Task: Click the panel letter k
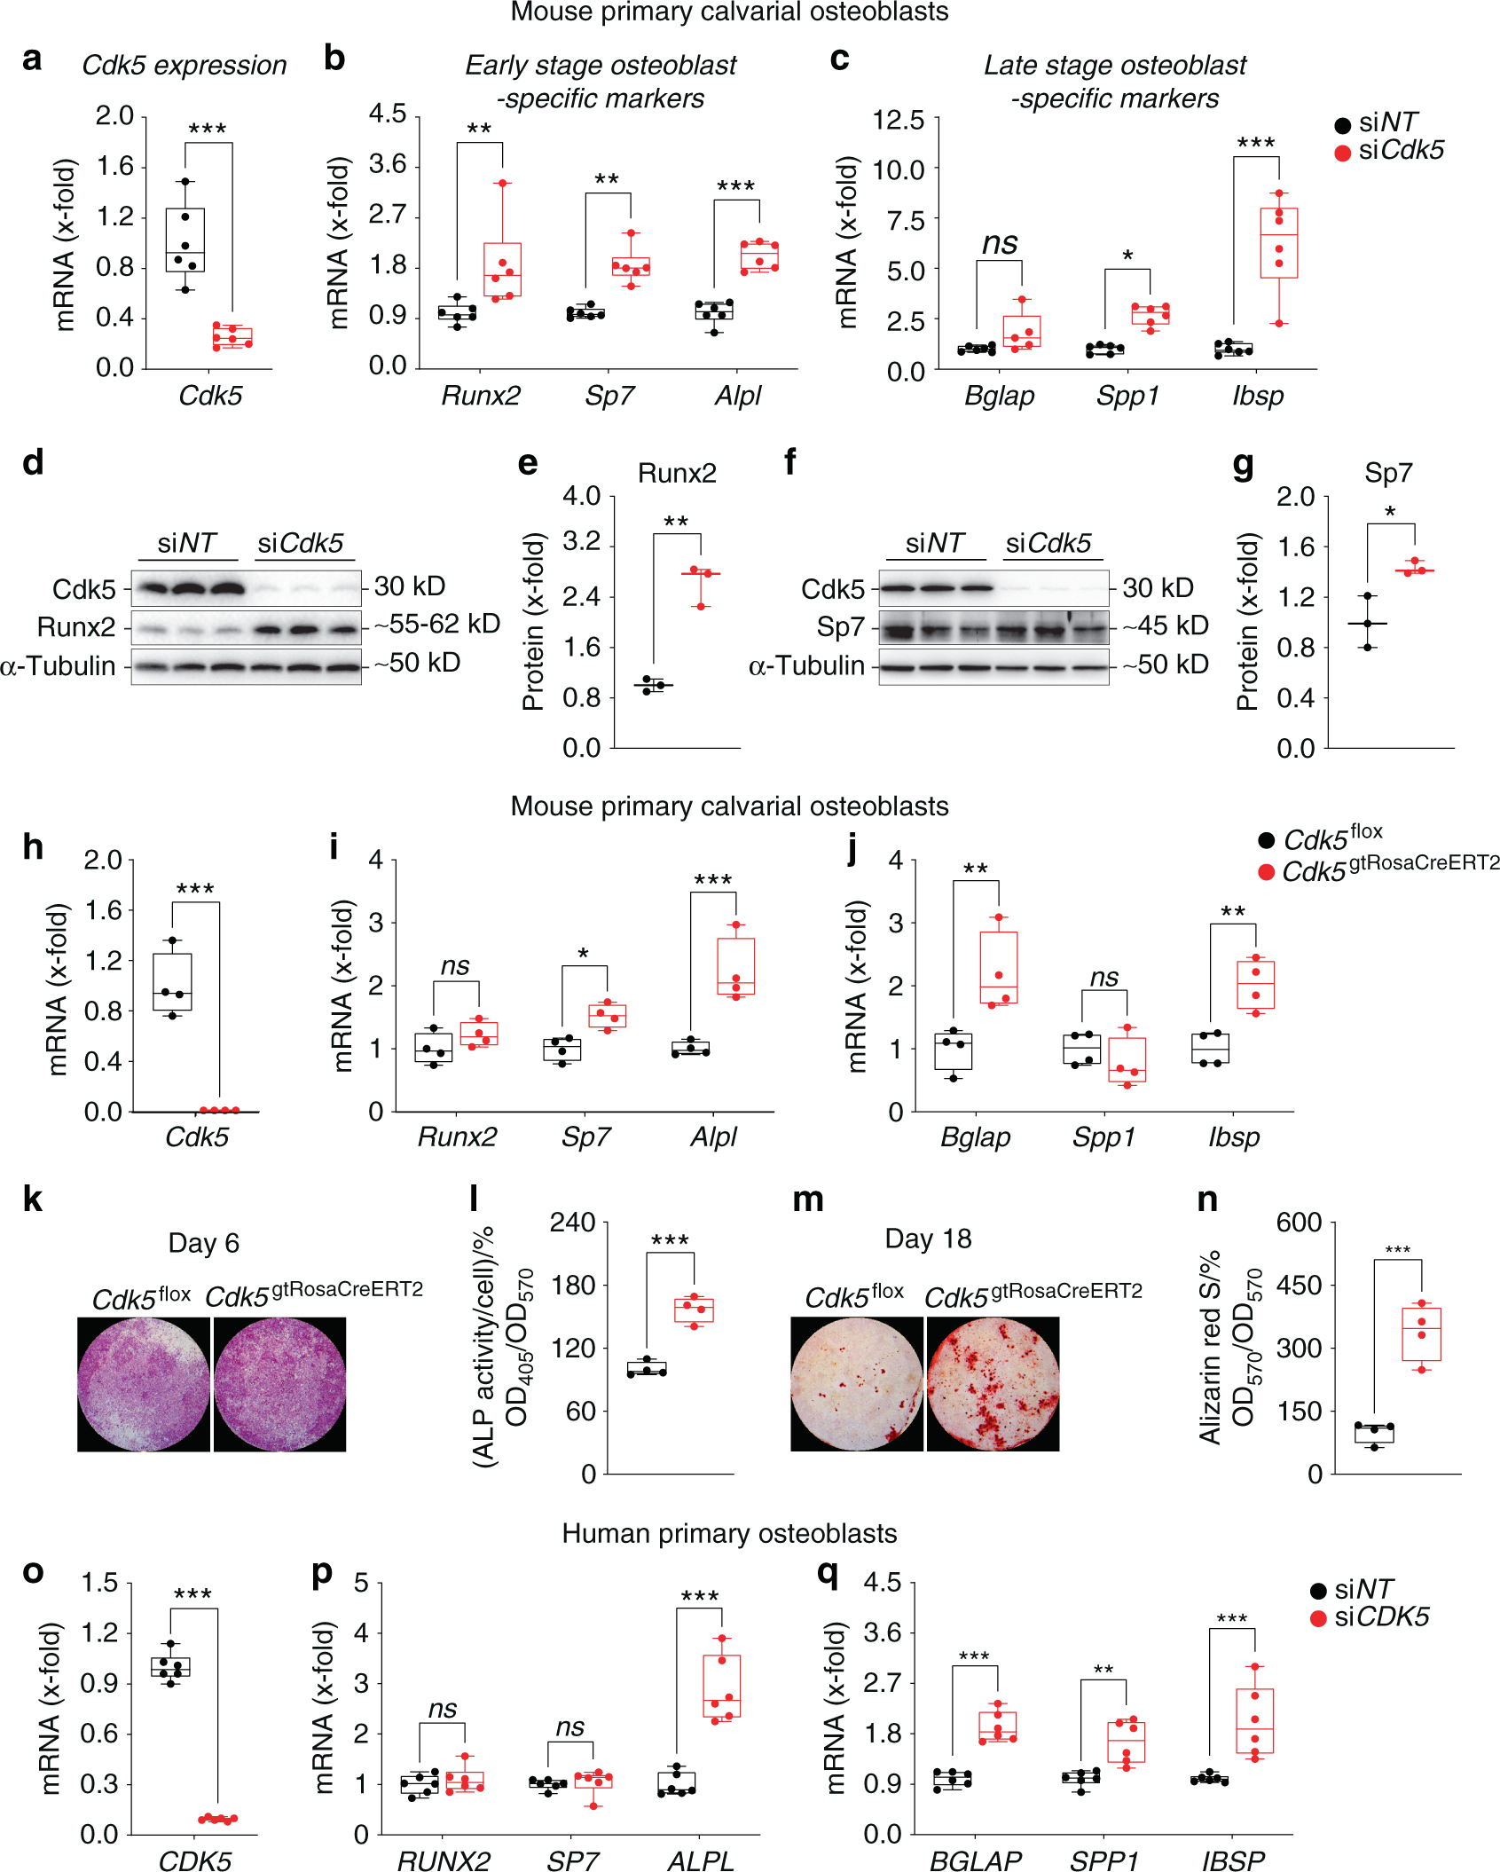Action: pyautogui.click(x=33, y=1199)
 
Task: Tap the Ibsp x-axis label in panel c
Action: pyautogui.click(x=1258, y=396)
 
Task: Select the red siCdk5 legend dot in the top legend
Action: pyautogui.click(x=1343, y=153)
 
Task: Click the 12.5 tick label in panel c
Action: pyautogui.click(x=898, y=120)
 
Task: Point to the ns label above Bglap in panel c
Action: pyautogui.click(x=1000, y=242)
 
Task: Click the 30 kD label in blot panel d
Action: pyautogui.click(x=409, y=586)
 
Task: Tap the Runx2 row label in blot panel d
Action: pyautogui.click(x=76, y=627)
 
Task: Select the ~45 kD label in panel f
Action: pyautogui.click(x=1166, y=625)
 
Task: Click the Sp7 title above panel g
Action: pyautogui.click(x=1388, y=473)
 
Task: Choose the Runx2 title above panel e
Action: pyautogui.click(x=677, y=473)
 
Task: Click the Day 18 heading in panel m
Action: pyautogui.click(x=928, y=1239)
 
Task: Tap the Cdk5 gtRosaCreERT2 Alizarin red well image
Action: pyautogui.click(x=993, y=1383)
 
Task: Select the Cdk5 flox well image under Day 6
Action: pyautogui.click(x=144, y=1384)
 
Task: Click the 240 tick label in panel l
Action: pyautogui.click(x=572, y=1223)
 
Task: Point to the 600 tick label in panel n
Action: pyautogui.click(x=1299, y=1223)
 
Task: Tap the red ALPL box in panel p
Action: pyautogui.click(x=721, y=1686)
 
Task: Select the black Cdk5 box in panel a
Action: pyautogui.click(x=185, y=240)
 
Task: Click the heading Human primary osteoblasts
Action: pyautogui.click(x=729, y=1534)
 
